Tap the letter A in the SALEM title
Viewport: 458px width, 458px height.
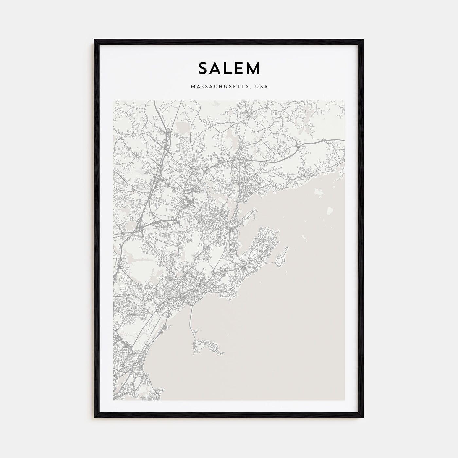(x=217, y=68)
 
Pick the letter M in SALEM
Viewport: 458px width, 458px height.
(x=254, y=68)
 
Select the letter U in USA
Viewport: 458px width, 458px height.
(x=258, y=87)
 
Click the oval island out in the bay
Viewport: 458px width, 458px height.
(x=330, y=209)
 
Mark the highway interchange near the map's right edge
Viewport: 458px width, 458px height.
(x=324, y=141)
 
